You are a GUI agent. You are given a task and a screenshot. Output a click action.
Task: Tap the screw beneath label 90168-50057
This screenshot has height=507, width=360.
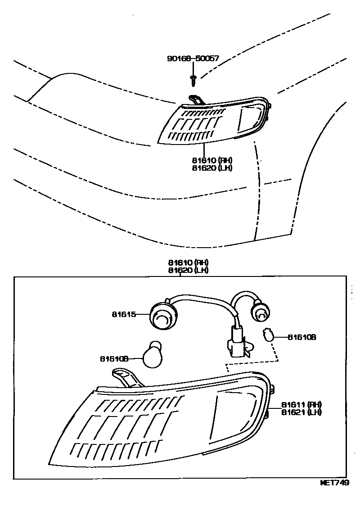[x=193, y=79]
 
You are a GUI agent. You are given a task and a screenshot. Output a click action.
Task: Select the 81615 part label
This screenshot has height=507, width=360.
[x=124, y=315]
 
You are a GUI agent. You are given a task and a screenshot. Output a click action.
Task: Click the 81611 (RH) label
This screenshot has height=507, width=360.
[x=301, y=404]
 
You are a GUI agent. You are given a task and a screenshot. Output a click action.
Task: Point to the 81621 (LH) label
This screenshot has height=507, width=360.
[x=301, y=412]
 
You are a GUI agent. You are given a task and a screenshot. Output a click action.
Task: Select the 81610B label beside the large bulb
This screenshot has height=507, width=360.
[x=114, y=359]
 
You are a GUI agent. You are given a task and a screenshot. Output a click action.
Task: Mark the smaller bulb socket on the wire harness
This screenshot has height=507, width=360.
[x=260, y=312]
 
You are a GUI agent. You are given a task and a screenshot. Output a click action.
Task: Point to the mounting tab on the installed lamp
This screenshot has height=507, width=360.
[x=195, y=99]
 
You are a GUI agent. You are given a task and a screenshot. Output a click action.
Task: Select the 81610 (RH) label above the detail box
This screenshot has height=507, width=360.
[x=189, y=263]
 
